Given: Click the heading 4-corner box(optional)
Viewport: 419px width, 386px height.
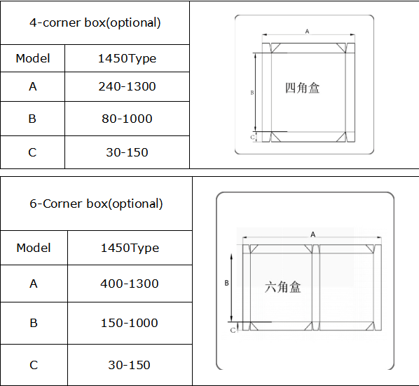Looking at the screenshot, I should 95,22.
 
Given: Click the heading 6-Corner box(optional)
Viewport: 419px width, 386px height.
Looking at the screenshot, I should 96,204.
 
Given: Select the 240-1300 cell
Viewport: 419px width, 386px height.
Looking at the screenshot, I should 127,86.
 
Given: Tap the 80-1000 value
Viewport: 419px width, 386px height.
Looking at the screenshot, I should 127,119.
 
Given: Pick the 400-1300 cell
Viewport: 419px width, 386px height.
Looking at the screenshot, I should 130,284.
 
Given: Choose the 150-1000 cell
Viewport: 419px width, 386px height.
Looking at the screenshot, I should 130,323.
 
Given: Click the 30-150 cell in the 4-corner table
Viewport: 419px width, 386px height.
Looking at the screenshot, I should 128,152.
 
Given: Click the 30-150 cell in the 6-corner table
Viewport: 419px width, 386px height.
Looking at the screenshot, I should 130,365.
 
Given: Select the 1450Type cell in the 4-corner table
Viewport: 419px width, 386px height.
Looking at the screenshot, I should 127,58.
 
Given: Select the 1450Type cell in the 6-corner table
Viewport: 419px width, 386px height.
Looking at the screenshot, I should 130,248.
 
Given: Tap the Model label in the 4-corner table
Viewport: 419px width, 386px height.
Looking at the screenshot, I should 33,58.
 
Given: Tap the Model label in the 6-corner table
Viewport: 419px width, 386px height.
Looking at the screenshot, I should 34,248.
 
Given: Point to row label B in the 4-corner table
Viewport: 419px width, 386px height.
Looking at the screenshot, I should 32,119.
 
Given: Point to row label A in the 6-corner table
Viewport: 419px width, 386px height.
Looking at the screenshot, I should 34,284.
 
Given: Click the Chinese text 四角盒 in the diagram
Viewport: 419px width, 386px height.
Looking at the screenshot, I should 303,88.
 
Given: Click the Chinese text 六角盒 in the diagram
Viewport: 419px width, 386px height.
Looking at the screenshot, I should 283,286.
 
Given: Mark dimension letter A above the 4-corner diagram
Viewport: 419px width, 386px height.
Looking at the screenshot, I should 307,31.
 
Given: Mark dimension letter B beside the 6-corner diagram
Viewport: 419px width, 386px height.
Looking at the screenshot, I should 226,283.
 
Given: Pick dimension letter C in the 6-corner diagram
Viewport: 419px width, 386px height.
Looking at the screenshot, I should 233,328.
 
